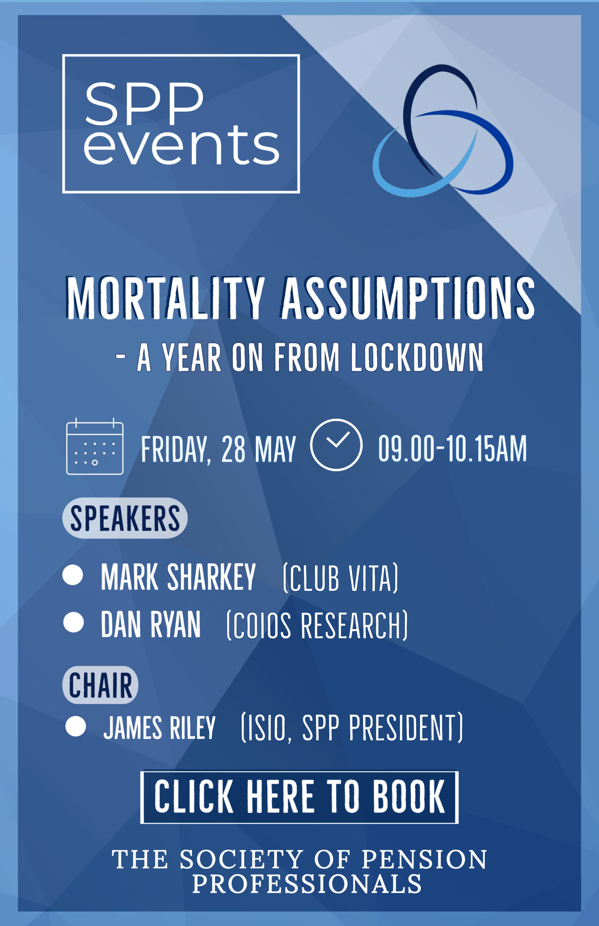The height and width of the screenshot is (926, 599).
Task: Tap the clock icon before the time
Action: tap(336, 445)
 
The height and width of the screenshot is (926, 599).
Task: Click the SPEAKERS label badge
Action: tap(125, 518)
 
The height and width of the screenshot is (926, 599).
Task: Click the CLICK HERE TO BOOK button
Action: tap(299, 797)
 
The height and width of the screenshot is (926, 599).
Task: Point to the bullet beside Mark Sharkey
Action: tap(73, 575)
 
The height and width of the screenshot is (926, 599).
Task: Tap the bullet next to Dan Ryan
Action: tap(73, 622)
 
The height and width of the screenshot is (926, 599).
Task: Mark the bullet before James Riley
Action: tap(76, 726)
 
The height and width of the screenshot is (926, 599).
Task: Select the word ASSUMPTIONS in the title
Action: tap(408, 298)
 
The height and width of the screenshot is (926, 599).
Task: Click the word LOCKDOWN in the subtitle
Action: tap(417, 357)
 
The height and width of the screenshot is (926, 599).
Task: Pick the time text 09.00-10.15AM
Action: tap(453, 449)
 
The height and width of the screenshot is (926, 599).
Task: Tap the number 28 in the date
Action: tap(233, 449)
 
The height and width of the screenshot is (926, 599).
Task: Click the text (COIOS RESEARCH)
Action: tap(317, 626)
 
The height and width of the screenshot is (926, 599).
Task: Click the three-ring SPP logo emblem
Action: tap(443, 131)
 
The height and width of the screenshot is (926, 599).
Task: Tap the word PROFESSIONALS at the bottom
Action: tap(307, 884)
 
